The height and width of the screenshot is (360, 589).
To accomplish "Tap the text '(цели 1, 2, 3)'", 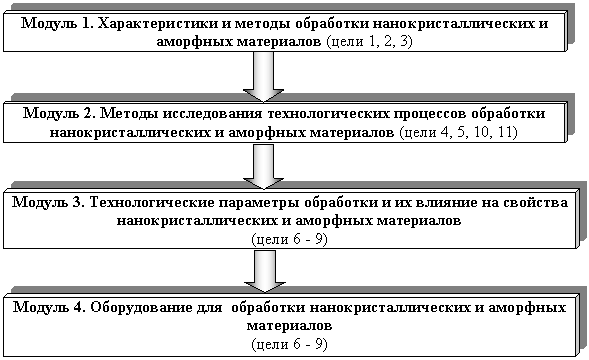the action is click(370, 41).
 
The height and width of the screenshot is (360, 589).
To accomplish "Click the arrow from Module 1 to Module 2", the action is click(263, 77).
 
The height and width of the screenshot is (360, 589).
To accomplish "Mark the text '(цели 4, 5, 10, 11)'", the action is click(458, 132).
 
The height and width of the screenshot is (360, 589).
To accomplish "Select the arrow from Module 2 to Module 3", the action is click(263, 167).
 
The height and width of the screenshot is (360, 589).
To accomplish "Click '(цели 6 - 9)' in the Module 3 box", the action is click(290, 239).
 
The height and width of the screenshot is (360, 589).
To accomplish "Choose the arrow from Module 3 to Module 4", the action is click(265, 271).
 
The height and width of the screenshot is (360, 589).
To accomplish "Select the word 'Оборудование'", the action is click(142, 308).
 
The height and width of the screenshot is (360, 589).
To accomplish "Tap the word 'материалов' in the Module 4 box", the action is click(289, 325).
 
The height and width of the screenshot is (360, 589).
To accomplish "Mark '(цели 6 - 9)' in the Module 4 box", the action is click(290, 344).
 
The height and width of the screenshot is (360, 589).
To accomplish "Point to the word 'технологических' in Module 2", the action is click(328, 113).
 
